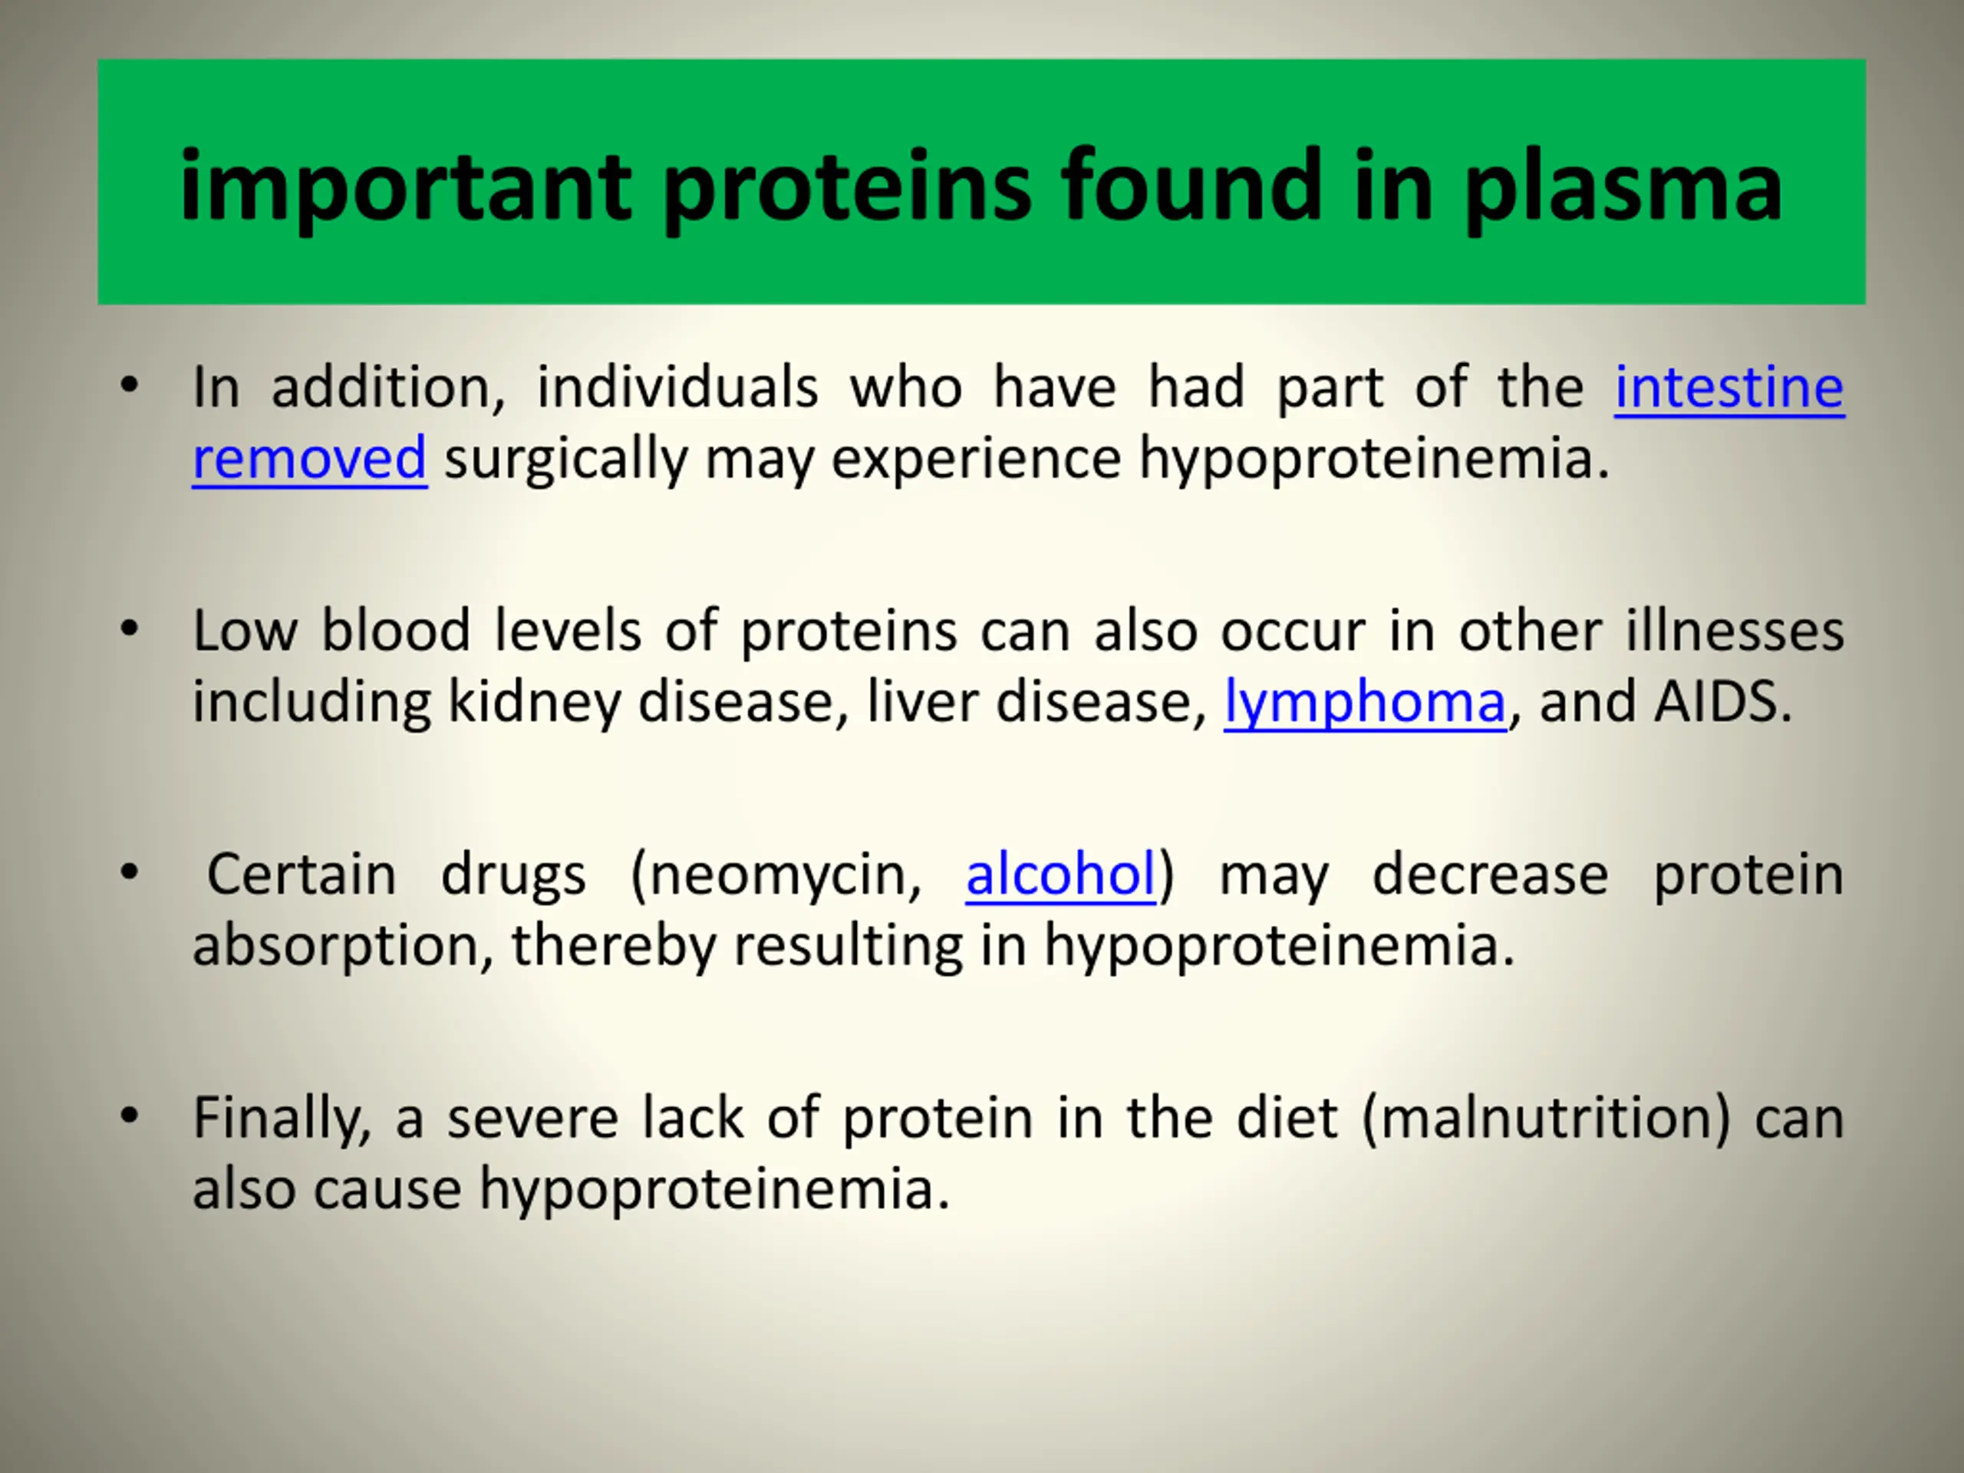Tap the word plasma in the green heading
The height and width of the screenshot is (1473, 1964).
pyautogui.click(x=1622, y=188)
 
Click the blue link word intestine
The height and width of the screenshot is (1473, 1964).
pyautogui.click(x=1728, y=388)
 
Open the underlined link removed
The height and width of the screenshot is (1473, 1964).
pyautogui.click(x=309, y=458)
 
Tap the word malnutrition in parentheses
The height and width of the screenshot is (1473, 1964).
pyautogui.click(x=1546, y=1118)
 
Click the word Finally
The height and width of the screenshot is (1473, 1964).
pyautogui.click(x=281, y=1119)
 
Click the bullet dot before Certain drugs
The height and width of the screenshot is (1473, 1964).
pyautogui.click(x=130, y=873)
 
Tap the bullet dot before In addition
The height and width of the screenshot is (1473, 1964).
pyautogui.click(x=130, y=385)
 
